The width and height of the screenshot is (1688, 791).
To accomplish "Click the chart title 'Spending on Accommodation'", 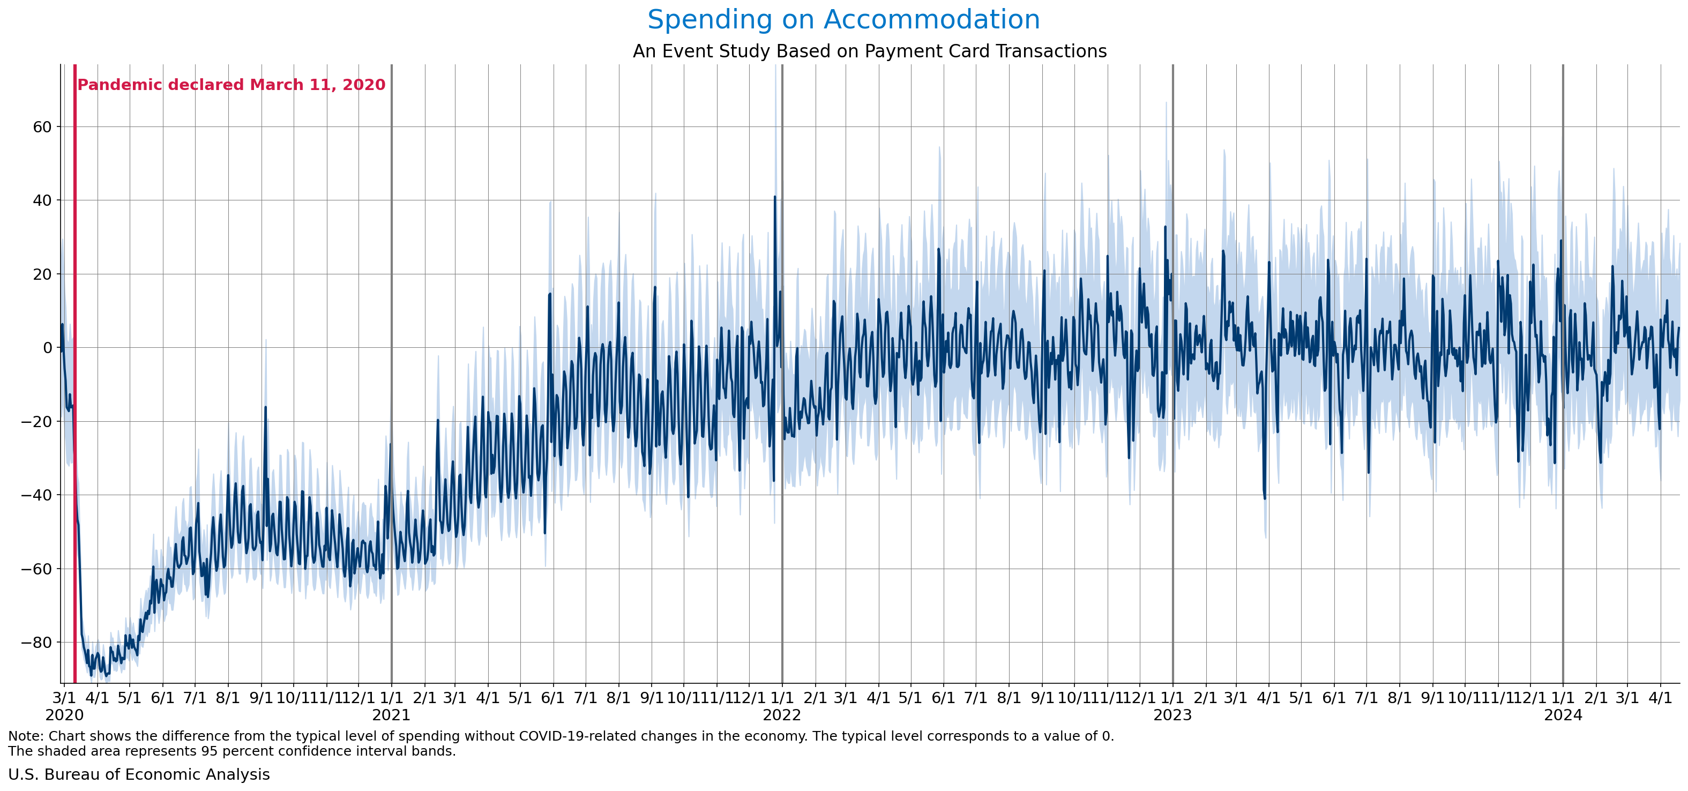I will (843, 20).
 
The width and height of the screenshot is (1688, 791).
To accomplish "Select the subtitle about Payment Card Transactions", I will (870, 51).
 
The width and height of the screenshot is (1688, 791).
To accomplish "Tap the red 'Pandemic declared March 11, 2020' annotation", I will (231, 85).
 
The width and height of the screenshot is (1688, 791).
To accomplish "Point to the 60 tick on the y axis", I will (42, 127).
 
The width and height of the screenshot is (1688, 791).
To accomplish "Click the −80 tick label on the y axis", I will (36, 642).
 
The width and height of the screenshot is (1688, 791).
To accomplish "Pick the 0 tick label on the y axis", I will (47, 348).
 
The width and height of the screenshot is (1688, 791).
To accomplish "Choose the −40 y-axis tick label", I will (36, 495).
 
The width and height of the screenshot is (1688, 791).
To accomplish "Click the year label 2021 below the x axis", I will (391, 715).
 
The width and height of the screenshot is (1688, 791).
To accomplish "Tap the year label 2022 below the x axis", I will (782, 715).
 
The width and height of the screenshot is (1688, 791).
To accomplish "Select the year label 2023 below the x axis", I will (1172, 715).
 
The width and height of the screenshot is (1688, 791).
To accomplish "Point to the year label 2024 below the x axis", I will (1563, 715).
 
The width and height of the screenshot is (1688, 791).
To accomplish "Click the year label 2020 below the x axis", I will (64, 715).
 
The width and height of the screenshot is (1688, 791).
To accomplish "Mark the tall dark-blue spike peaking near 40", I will (774, 198).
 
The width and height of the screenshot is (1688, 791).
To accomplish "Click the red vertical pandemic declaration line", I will (74, 393).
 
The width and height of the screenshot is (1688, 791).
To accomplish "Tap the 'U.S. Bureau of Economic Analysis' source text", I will (139, 774).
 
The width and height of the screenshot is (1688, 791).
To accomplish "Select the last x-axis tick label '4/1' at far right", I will (1660, 697).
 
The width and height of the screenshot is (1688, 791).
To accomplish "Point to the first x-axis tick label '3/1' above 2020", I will (64, 697).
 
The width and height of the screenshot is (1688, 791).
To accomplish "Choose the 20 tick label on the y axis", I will (42, 274).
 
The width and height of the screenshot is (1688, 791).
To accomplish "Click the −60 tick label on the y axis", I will (36, 569).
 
